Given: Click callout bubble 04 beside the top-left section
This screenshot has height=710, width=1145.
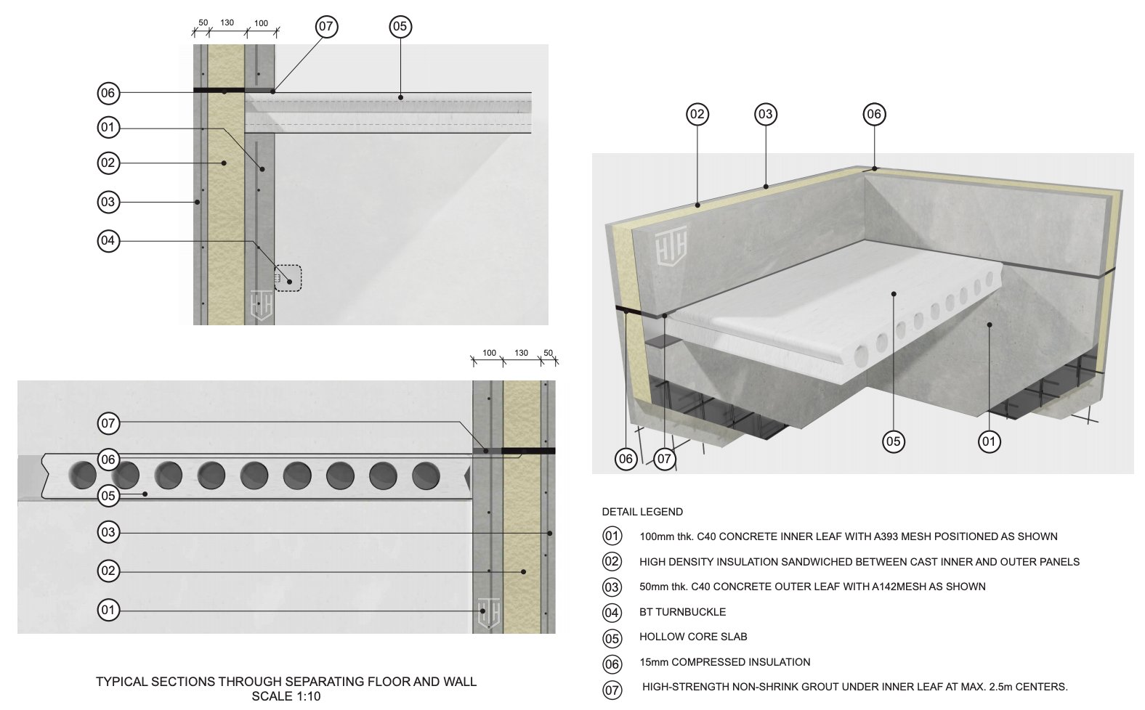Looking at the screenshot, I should [108, 240].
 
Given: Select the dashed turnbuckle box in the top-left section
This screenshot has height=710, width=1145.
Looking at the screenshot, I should [288, 278].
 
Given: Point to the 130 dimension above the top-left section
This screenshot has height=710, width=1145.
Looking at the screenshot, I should [227, 23].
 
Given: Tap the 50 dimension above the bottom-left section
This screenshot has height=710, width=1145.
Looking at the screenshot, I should [549, 353].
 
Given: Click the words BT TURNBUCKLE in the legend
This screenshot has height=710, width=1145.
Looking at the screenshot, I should [682, 612].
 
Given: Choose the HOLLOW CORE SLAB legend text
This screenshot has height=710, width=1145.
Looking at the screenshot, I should [693, 637].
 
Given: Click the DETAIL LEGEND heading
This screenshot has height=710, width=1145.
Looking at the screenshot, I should [642, 512].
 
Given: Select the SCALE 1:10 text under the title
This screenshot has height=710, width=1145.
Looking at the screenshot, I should [286, 696].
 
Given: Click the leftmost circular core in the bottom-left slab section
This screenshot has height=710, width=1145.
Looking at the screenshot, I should [82, 475].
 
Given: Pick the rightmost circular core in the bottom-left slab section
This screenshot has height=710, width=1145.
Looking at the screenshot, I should [426, 475].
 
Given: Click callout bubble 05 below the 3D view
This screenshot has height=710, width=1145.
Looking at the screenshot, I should [894, 441].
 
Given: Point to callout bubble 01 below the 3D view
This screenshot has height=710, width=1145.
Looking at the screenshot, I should [989, 441].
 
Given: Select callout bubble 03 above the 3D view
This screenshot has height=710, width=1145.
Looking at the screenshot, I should [765, 114].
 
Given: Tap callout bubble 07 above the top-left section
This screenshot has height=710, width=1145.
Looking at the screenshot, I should [326, 27].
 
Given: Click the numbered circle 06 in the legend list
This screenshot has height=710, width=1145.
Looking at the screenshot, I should [612, 663].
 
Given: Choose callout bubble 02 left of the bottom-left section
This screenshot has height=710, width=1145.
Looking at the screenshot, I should [108, 571].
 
